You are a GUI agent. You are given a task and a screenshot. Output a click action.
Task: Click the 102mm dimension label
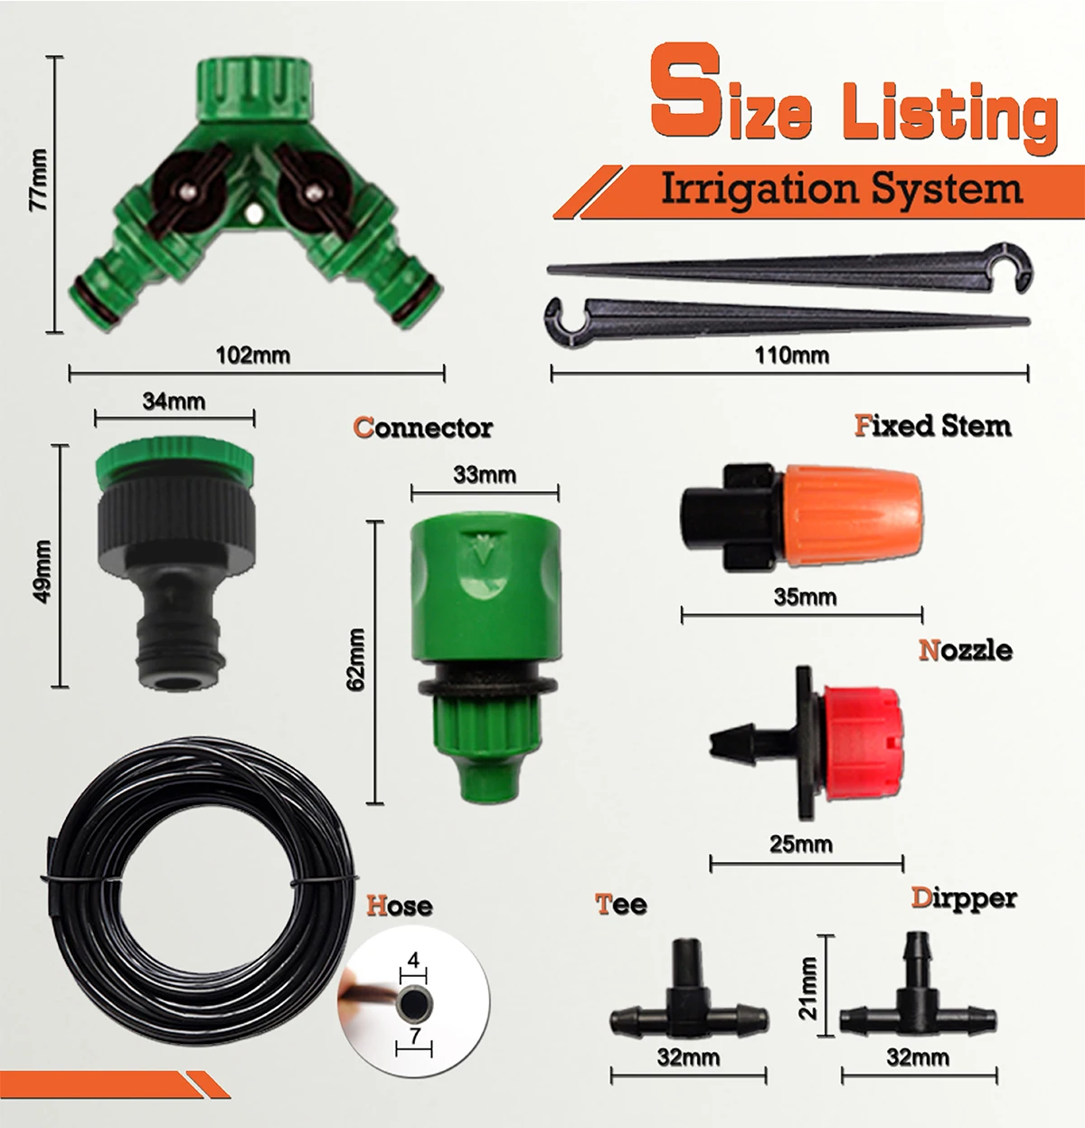tap(253, 355)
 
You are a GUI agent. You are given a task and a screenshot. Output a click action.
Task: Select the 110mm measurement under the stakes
tap(791, 355)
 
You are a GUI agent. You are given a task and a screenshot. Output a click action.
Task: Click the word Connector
tap(423, 427)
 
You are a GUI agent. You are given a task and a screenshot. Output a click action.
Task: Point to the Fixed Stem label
tap(932, 425)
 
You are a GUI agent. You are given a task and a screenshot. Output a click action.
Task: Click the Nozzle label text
tap(965, 649)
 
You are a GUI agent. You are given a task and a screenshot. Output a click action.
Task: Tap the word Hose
tap(399, 905)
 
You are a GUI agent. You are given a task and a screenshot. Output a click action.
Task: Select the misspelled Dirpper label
tap(963, 898)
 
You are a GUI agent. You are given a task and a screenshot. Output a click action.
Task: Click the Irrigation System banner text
tap(841, 189)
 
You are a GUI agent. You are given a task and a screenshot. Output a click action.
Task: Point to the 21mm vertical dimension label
tap(807, 989)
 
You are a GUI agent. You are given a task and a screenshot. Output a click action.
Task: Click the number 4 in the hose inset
tap(414, 961)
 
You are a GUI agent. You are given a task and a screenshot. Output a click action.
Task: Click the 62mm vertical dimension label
tap(356, 659)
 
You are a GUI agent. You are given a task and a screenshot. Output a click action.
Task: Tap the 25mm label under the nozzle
tap(801, 844)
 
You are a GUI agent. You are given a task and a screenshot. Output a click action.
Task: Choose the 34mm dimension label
tap(174, 401)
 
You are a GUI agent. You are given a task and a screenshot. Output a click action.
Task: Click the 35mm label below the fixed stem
tap(805, 597)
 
